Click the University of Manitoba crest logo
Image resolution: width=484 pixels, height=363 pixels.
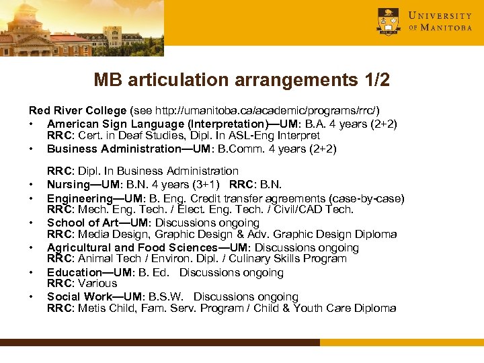(x=388, y=22)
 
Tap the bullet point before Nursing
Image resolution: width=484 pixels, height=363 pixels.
(x=32, y=185)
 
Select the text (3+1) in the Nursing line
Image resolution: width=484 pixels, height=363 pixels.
(x=206, y=185)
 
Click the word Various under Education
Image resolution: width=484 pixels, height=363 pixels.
(x=97, y=284)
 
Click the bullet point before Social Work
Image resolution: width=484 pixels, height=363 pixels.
(x=32, y=297)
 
